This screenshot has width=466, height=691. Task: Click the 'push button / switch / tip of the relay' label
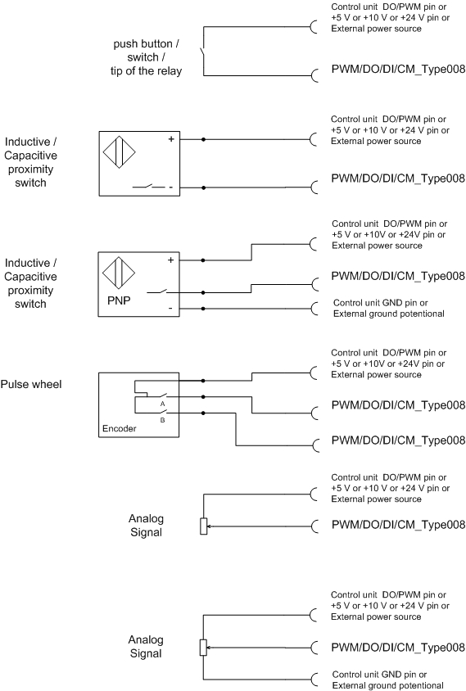tap(146, 57)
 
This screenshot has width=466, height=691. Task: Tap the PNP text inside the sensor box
tap(119, 300)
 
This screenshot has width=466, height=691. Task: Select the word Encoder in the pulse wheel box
tap(119, 428)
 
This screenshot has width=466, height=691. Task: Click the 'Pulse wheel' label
tap(31, 384)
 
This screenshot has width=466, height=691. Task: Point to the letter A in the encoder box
tap(162, 404)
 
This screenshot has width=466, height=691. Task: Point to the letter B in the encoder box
tap(162, 420)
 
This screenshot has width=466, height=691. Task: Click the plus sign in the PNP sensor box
tap(170, 260)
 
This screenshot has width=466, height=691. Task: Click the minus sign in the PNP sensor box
tap(170, 309)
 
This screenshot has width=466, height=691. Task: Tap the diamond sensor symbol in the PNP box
tap(119, 273)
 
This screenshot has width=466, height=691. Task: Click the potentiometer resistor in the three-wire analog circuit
tap(203, 648)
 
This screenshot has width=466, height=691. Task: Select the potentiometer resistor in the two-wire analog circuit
tap(203, 526)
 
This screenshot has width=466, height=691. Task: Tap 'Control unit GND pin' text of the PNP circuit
tap(381, 303)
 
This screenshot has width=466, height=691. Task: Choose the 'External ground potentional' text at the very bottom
tap(388, 686)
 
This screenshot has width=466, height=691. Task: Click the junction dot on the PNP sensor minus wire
tap(203, 309)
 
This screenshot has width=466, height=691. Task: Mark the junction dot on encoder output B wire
tap(203, 413)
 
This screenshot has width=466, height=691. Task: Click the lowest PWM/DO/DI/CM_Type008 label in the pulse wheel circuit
tap(398, 440)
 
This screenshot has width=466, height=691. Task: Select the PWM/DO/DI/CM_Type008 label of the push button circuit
tap(398, 69)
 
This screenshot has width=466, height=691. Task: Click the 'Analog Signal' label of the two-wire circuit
tap(146, 526)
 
